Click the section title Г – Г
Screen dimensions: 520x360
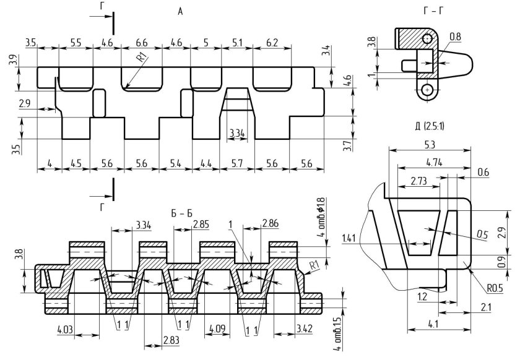[x=433, y=11]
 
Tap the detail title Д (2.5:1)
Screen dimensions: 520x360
[x=430, y=126]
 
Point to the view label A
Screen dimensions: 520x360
[x=180, y=12]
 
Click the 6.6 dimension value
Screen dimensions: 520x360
[x=142, y=43]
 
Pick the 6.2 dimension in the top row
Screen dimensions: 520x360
[x=272, y=43]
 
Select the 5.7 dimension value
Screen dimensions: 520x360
[x=237, y=163]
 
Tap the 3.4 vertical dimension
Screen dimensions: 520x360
[x=327, y=51]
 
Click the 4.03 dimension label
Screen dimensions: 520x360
[x=66, y=330]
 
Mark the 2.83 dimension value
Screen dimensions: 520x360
[x=171, y=340]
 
